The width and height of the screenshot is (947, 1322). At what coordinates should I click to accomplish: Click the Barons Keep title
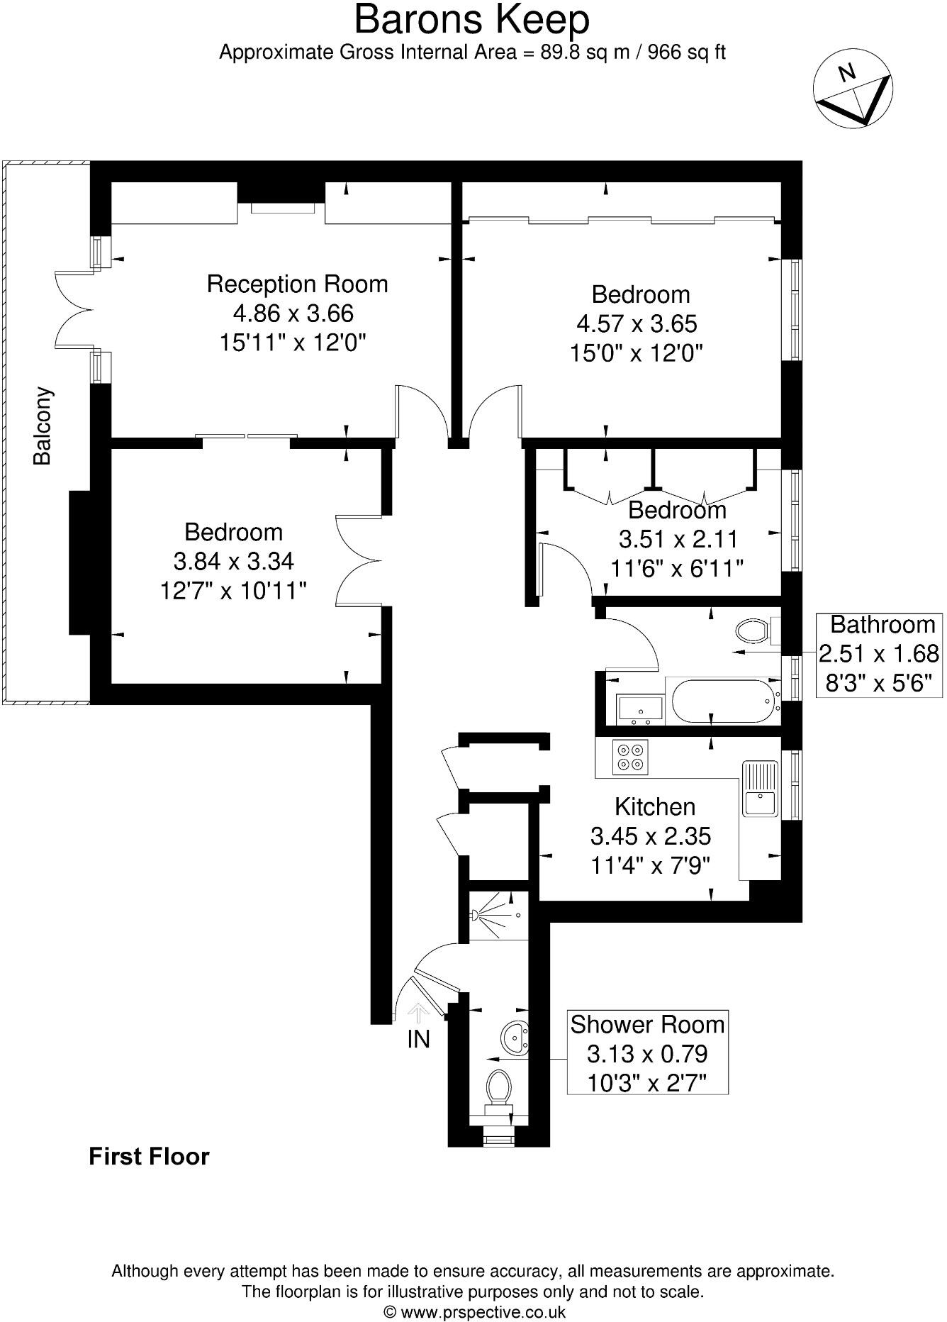(x=471, y=20)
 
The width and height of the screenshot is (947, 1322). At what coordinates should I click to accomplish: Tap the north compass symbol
(x=852, y=90)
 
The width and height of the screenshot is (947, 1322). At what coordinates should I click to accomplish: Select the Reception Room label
(x=297, y=284)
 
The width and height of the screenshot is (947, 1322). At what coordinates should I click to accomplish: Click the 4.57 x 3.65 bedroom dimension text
(x=637, y=323)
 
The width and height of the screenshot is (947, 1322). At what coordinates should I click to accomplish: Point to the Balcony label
(x=43, y=426)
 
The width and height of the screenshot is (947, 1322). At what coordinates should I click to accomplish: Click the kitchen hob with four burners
(x=631, y=756)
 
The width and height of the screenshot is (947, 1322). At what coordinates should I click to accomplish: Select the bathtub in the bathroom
(x=722, y=702)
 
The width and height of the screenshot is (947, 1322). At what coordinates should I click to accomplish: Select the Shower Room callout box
(x=647, y=1053)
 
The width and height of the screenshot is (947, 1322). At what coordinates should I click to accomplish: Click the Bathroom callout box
(x=879, y=654)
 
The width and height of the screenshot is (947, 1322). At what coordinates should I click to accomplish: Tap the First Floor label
(x=149, y=1156)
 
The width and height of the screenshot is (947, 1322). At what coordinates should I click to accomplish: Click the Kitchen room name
(x=654, y=806)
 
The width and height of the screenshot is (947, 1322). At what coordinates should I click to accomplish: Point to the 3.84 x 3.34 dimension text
(x=233, y=561)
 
